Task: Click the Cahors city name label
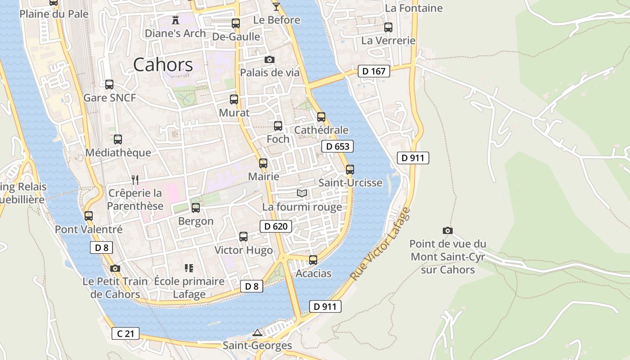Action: pyautogui.click(x=163, y=65)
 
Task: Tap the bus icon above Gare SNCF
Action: pyautogui.click(x=109, y=85)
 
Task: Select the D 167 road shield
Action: pyautogui.click(x=374, y=71)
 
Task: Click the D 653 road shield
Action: pyautogui.click(x=337, y=146)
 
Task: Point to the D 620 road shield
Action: pyautogui.click(x=275, y=226)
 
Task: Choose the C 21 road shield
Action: pyautogui.click(x=126, y=333)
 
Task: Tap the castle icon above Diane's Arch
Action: pyautogui.click(x=175, y=20)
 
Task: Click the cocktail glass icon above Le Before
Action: pyautogui.click(x=276, y=7)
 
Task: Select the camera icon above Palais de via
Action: pyautogui.click(x=269, y=59)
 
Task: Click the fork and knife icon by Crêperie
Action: pyautogui.click(x=135, y=180)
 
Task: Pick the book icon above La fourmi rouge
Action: pyautogui.click(x=302, y=193)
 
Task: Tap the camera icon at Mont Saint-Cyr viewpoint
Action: pyautogui.click(x=447, y=230)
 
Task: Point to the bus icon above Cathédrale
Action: pyautogui.click(x=321, y=117)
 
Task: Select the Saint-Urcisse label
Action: pyautogui.click(x=350, y=183)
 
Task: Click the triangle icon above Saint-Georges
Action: pyautogui.click(x=257, y=333)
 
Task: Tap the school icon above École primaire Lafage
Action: pyautogui.click(x=189, y=268)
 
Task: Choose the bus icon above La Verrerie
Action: pyautogui.click(x=388, y=27)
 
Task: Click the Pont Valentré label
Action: pyautogui.click(x=89, y=229)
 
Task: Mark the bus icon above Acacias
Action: pyautogui.click(x=313, y=260)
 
